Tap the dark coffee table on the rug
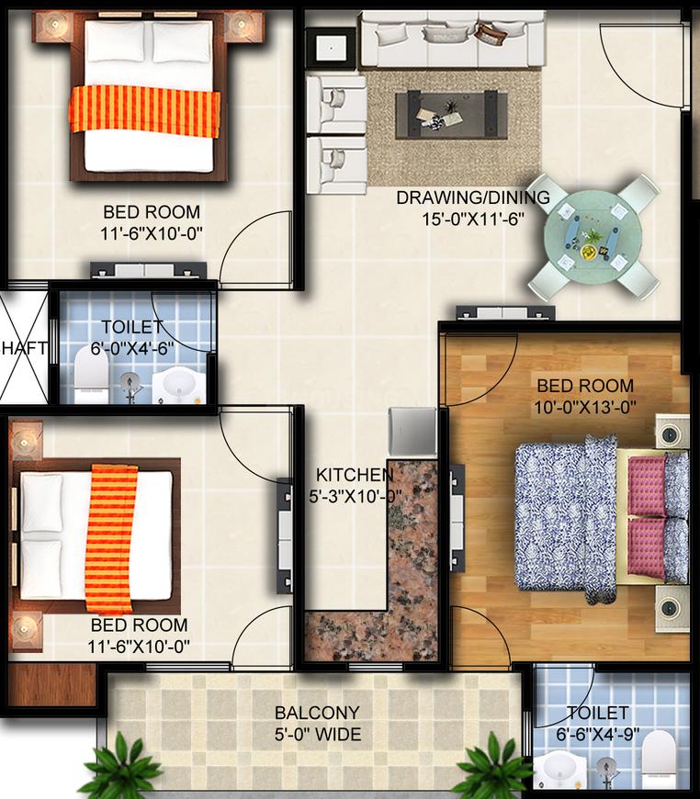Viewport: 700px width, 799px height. point(452,114)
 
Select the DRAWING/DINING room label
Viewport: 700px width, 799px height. point(473,197)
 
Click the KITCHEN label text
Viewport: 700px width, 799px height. point(355,475)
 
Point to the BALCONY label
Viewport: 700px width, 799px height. point(317,713)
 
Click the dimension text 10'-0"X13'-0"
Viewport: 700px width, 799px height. point(585,408)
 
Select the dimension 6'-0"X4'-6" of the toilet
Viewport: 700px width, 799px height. point(132,349)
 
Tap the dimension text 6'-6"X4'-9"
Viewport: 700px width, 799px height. point(597,735)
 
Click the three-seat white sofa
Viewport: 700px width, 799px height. point(452,39)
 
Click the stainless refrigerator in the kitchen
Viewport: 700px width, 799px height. point(412,432)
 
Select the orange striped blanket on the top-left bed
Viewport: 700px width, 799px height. point(144,111)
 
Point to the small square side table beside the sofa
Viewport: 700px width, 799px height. point(332,49)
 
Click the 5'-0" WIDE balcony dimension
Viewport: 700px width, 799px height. point(318,735)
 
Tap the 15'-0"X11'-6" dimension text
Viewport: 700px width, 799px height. point(473,219)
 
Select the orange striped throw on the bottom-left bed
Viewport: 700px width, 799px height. point(112,538)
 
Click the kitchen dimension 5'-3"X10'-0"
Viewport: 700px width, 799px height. point(355,497)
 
